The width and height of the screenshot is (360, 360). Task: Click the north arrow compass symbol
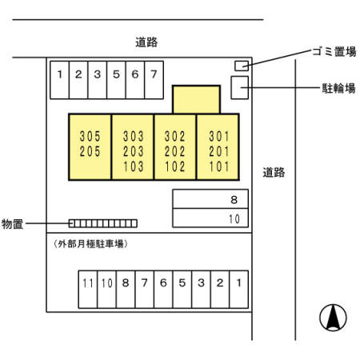tap(333, 318)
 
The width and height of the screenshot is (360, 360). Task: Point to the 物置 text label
tap(12, 223)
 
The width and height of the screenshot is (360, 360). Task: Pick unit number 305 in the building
tap(90, 136)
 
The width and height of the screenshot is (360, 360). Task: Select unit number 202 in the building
tap(174, 152)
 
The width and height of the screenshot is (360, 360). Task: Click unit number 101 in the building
tap(218, 167)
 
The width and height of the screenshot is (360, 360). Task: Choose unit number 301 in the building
tap(218, 136)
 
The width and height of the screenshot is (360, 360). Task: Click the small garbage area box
tap(240, 65)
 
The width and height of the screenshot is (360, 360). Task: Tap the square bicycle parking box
tap(239, 87)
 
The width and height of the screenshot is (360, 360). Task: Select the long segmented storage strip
tap(102, 223)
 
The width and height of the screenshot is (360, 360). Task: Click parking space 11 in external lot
tap(87, 282)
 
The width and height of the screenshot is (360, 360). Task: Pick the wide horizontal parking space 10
tap(210, 218)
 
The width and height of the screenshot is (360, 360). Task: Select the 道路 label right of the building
tap(274, 171)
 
